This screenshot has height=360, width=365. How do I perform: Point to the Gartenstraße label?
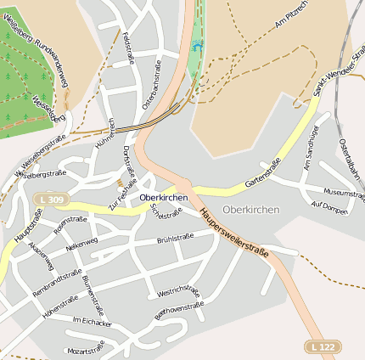(x=262, y=172)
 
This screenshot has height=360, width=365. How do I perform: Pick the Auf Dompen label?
(x=329, y=207)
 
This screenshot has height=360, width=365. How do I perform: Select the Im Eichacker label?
(x=92, y=322)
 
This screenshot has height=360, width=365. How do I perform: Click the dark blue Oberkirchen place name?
(x=163, y=197)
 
